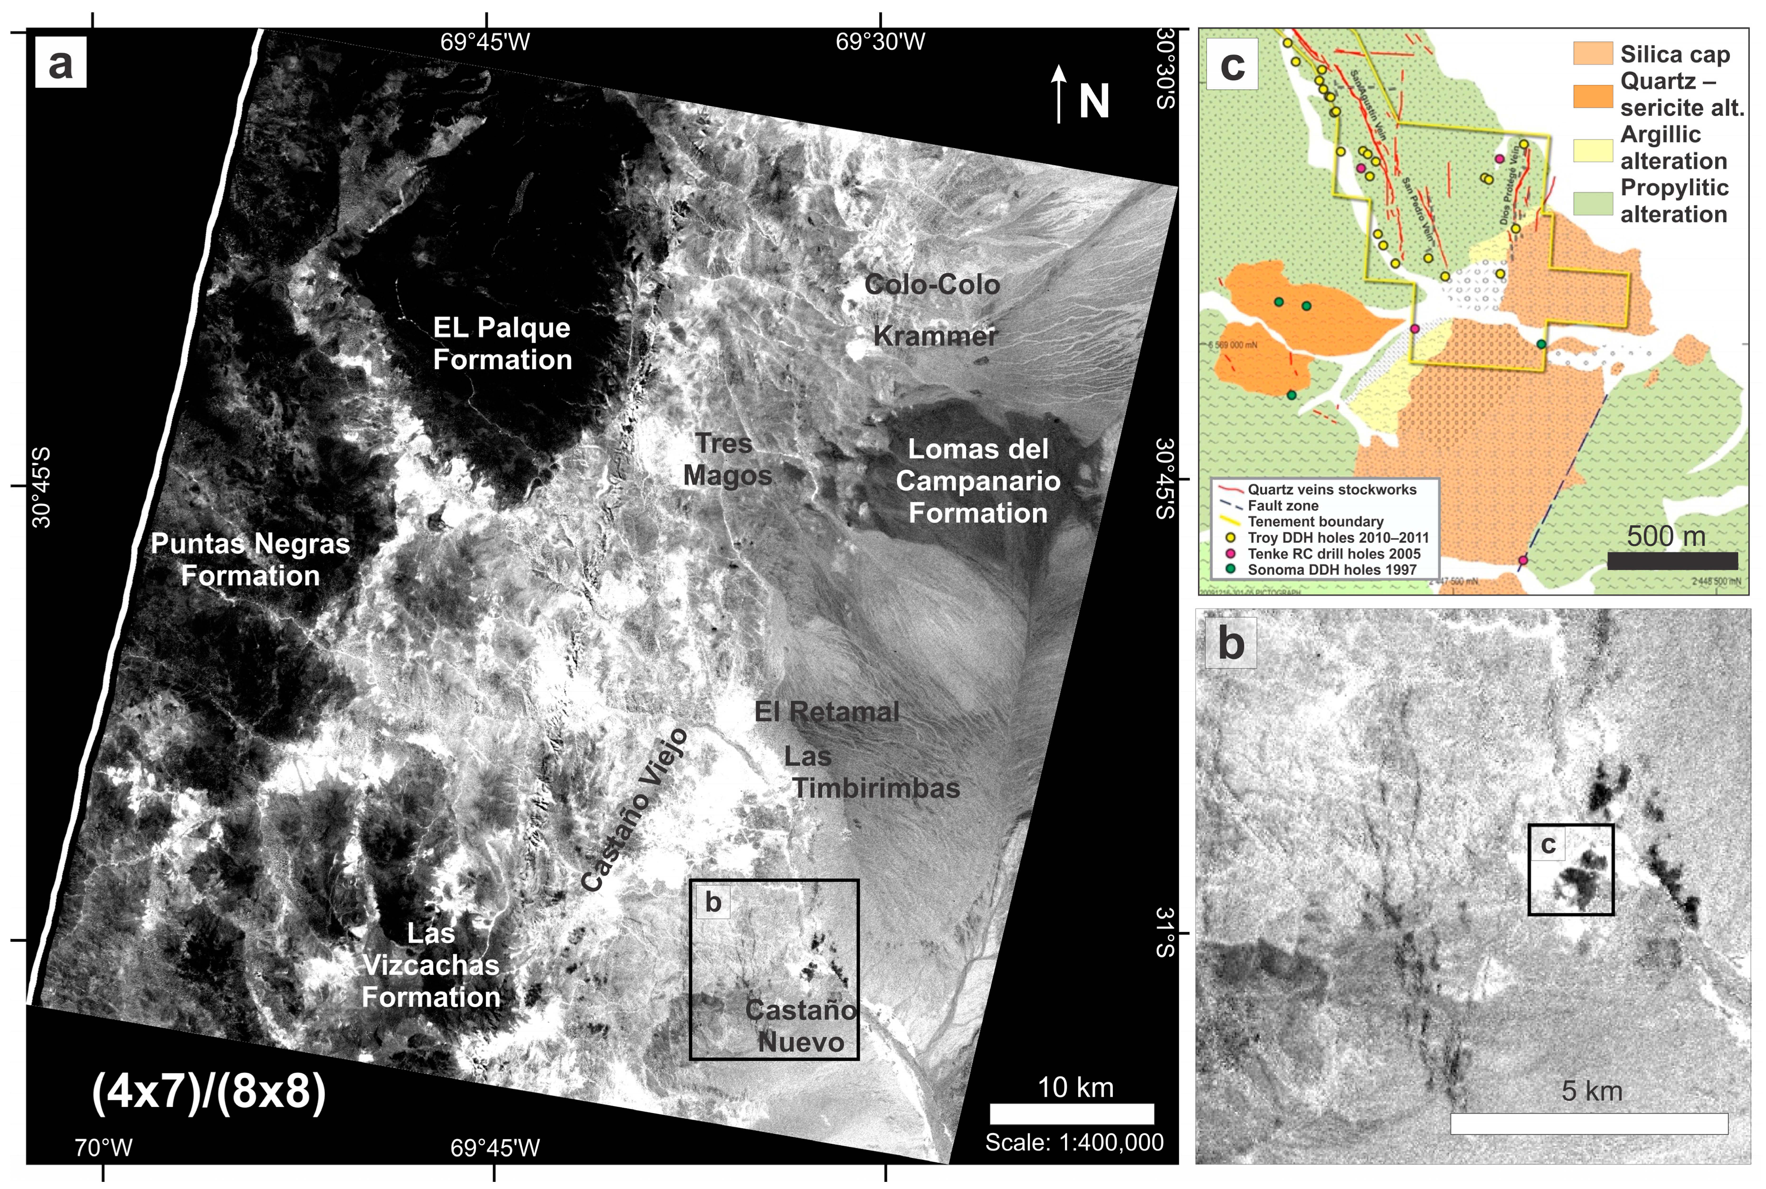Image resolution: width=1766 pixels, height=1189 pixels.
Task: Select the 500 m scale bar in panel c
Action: pos(1672,561)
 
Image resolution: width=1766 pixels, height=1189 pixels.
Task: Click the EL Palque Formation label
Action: pos(502,344)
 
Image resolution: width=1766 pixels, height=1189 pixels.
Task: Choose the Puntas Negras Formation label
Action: pos(250,560)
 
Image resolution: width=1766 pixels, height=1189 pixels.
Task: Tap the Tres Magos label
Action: pos(727,459)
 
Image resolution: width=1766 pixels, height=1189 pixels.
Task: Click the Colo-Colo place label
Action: pos(932,285)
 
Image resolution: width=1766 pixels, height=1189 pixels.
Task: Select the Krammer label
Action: pos(935,336)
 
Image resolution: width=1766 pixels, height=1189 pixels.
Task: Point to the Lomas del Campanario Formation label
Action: pos(978,481)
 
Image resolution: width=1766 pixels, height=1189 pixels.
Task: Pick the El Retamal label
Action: pos(827,712)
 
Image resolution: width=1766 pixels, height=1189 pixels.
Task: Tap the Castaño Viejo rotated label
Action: pos(634,810)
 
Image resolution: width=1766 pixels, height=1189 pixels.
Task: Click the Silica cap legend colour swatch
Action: pos(1592,53)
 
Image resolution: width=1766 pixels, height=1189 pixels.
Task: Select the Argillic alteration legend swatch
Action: pos(1592,150)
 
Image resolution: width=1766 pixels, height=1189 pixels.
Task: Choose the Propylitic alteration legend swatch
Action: pos(1592,203)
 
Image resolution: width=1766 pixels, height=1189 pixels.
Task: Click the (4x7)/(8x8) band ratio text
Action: pos(209,1092)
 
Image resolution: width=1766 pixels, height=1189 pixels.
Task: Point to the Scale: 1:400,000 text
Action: pos(1074,1142)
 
